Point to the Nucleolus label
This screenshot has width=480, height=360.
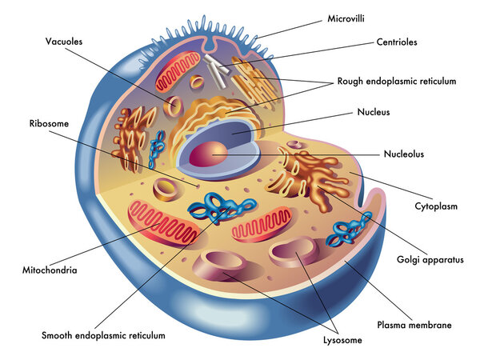point(403,154)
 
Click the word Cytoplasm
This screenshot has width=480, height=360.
point(434,206)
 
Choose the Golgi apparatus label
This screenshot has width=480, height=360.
point(430,259)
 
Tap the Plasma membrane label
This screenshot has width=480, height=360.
point(414,325)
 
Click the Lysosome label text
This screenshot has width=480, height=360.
point(341,340)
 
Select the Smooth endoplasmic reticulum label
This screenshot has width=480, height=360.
point(104,335)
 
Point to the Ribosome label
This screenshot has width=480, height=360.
point(46,123)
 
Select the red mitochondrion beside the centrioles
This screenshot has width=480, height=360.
point(178,73)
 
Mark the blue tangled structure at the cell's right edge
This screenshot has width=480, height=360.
point(351,229)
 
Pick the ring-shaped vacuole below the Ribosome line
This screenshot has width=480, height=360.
point(166,190)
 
